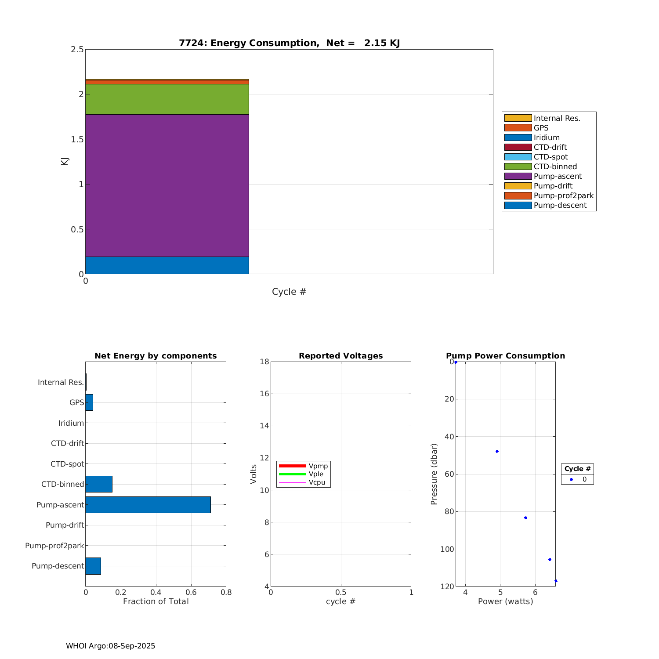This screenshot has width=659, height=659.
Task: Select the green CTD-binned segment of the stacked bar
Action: click(x=167, y=99)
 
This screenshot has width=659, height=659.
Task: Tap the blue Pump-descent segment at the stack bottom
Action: click(x=167, y=265)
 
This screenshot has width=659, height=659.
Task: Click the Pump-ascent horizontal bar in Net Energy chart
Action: click(x=148, y=505)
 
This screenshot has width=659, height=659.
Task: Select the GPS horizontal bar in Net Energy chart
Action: click(x=89, y=402)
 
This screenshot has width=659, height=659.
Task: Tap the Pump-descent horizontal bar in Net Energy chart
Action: click(x=93, y=566)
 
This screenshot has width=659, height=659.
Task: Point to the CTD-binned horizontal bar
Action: click(x=99, y=484)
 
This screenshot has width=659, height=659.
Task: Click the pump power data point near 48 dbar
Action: click(x=497, y=452)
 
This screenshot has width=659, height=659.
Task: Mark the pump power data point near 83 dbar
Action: click(x=525, y=518)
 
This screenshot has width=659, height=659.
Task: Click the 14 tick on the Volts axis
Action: click(x=264, y=426)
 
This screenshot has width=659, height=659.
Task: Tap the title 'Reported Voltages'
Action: click(x=340, y=356)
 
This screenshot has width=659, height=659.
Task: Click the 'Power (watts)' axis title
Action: click(x=505, y=601)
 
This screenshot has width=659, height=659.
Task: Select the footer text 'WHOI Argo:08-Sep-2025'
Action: click(x=110, y=646)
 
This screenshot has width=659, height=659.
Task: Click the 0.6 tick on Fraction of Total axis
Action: click(x=191, y=592)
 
